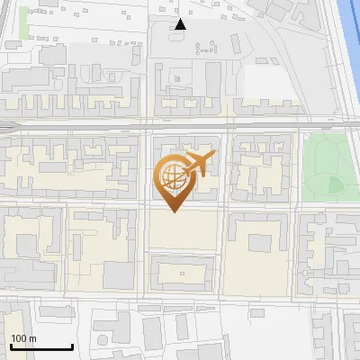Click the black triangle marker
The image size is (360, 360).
click(180, 25)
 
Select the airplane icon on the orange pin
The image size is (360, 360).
click(199, 164)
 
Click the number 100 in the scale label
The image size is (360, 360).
click(19, 338)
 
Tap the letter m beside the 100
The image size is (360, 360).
click(31, 338)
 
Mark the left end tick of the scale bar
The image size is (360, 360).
click(11, 346)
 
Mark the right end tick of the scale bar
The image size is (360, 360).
click(72, 346)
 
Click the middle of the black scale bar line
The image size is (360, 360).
click(41, 346)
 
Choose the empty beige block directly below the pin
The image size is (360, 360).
click(183, 230)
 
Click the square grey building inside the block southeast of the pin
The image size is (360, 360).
click(259, 243)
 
